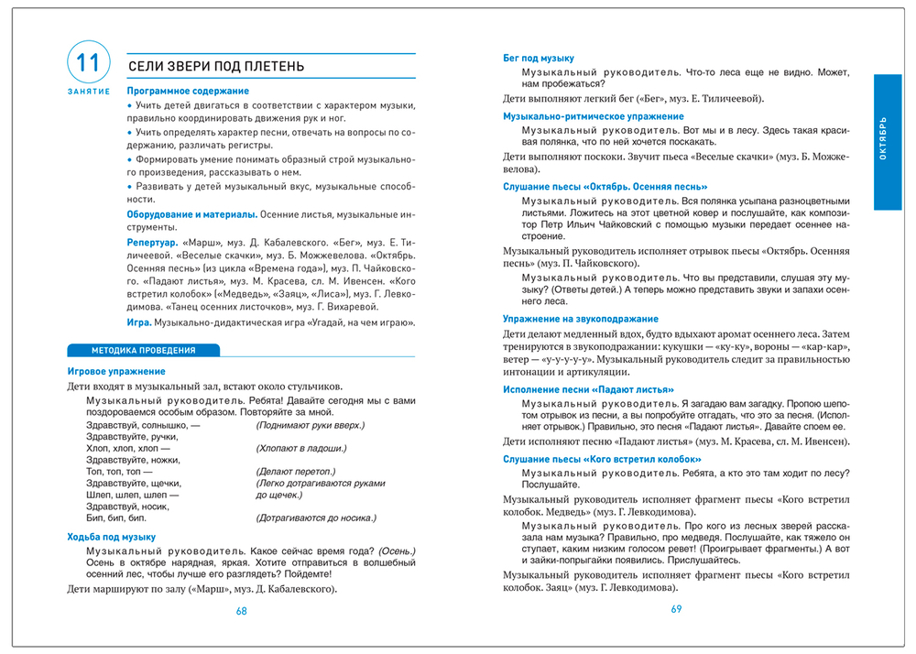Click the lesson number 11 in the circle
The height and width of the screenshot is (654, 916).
click(87, 63)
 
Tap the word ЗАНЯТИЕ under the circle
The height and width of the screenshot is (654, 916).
click(88, 92)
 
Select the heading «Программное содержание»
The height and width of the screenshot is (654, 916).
click(188, 92)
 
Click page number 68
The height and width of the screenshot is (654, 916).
click(241, 611)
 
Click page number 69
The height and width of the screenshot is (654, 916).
click(676, 611)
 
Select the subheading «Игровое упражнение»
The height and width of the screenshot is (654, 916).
click(116, 371)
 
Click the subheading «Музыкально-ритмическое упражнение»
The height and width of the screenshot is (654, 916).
click(594, 116)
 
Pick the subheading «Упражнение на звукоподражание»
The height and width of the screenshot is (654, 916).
click(581, 319)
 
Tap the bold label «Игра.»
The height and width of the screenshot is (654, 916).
click(138, 322)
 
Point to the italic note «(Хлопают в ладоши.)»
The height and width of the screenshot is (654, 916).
click(301, 449)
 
